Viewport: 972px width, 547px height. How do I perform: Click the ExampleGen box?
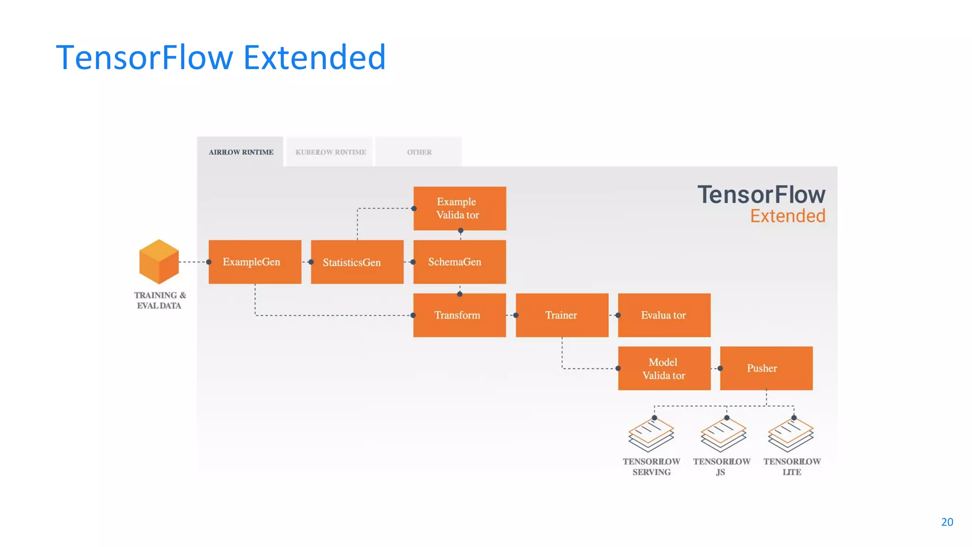(x=255, y=262)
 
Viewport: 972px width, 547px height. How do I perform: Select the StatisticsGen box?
(x=357, y=262)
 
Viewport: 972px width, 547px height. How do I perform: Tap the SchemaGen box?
(x=459, y=262)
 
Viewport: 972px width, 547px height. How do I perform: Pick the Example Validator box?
(x=459, y=208)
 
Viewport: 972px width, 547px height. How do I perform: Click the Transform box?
(x=459, y=315)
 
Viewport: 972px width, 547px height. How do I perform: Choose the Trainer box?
(x=562, y=315)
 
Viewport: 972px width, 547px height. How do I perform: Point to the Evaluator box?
(x=664, y=315)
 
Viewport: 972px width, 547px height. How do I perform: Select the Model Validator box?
(x=664, y=368)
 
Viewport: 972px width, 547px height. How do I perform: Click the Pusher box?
(x=766, y=368)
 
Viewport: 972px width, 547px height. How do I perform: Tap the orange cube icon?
(x=159, y=262)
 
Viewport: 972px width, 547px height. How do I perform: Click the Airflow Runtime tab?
(x=241, y=152)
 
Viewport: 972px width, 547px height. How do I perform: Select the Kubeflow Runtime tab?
(x=330, y=152)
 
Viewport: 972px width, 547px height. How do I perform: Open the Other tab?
(x=419, y=152)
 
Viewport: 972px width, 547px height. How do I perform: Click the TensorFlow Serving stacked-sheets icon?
(x=651, y=435)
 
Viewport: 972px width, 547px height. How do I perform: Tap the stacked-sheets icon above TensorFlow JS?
(x=723, y=435)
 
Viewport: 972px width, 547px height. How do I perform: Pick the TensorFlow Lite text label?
(x=792, y=467)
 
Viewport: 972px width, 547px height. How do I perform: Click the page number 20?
(x=947, y=522)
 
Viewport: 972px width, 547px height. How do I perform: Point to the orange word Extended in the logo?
(x=787, y=216)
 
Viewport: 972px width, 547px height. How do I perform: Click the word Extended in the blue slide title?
(x=314, y=57)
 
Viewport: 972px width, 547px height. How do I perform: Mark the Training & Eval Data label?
(x=159, y=301)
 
